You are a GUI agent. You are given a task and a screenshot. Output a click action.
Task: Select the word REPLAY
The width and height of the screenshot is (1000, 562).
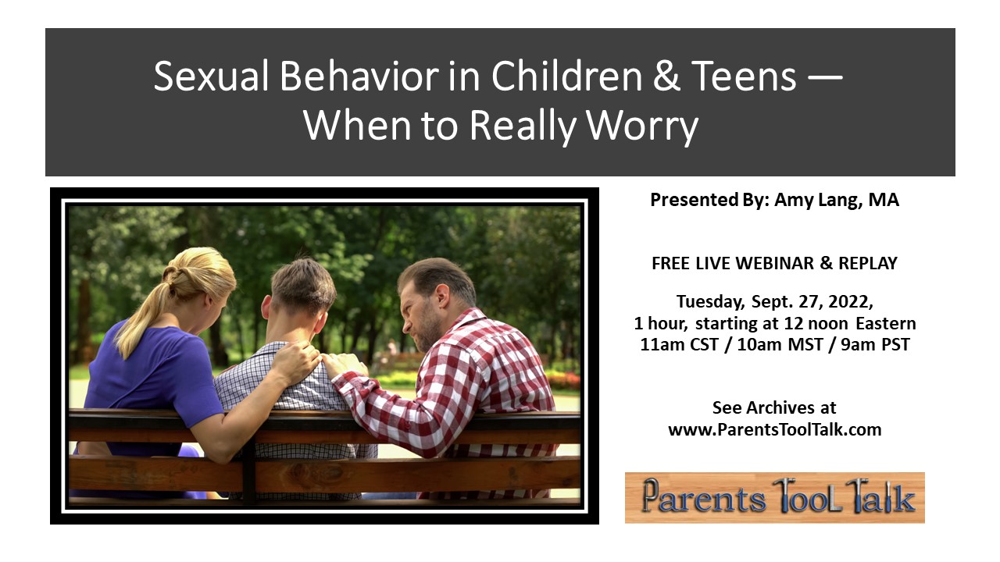[868, 263]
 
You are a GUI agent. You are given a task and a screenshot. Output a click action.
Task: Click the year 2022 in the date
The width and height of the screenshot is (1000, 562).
[850, 302]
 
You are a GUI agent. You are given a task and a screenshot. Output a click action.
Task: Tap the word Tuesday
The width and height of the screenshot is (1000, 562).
[710, 302]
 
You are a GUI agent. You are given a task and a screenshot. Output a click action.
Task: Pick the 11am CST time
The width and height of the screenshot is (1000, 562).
[679, 345]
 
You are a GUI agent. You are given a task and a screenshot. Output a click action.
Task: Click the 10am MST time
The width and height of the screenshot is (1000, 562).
[780, 345]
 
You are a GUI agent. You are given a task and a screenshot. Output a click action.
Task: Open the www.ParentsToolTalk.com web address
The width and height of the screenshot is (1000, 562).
[774, 430]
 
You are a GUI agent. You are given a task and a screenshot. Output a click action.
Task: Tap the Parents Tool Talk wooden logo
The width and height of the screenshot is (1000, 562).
[774, 497]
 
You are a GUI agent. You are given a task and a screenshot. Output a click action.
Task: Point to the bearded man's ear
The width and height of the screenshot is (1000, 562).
[442, 297]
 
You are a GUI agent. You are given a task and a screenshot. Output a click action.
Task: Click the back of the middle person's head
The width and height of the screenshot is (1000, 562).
[302, 288]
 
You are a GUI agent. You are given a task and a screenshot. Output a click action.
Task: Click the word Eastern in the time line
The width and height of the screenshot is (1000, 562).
[886, 323]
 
